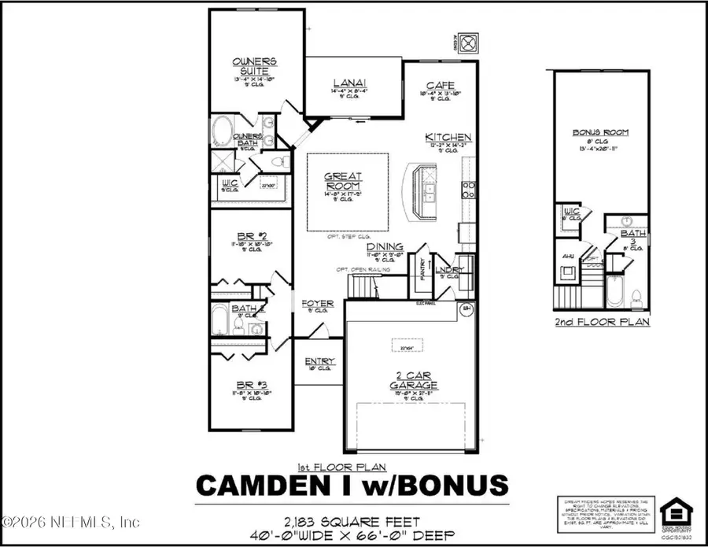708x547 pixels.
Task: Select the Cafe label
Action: (x=437, y=86)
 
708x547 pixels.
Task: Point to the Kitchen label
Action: (x=448, y=136)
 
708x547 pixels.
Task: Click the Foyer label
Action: (x=317, y=303)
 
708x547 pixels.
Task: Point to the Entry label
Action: (x=319, y=361)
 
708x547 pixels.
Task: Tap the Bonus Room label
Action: (x=600, y=132)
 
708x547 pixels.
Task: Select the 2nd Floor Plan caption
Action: (x=602, y=322)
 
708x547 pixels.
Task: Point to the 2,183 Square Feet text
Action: (x=352, y=520)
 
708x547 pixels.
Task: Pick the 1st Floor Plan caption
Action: (x=353, y=465)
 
